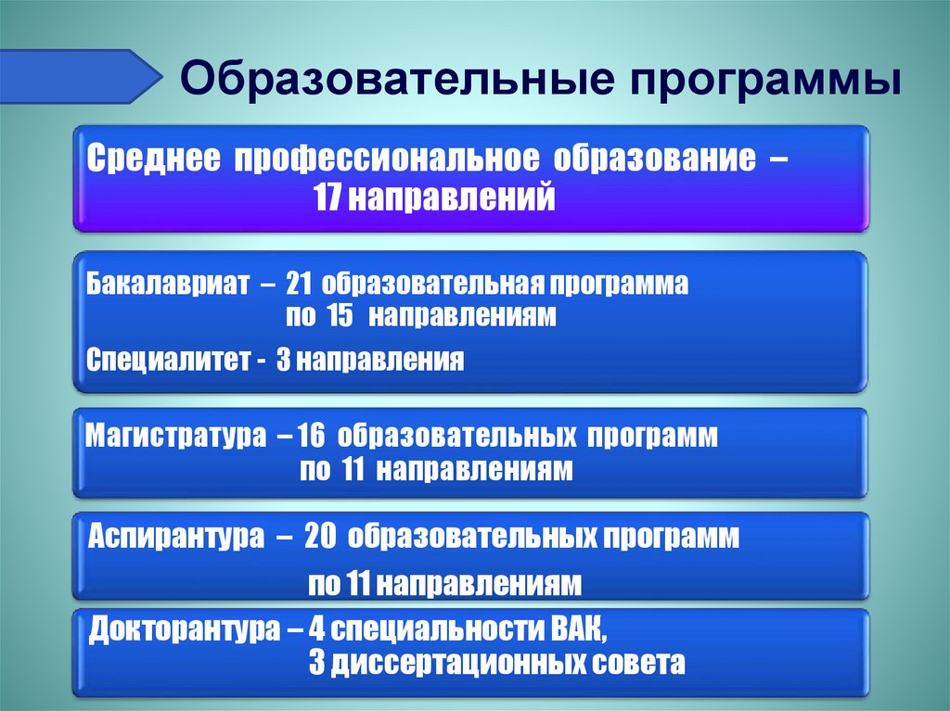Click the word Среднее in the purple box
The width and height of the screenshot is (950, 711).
point(153,158)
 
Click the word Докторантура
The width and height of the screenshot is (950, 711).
point(186,633)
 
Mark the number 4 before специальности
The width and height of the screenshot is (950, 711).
point(317,633)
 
